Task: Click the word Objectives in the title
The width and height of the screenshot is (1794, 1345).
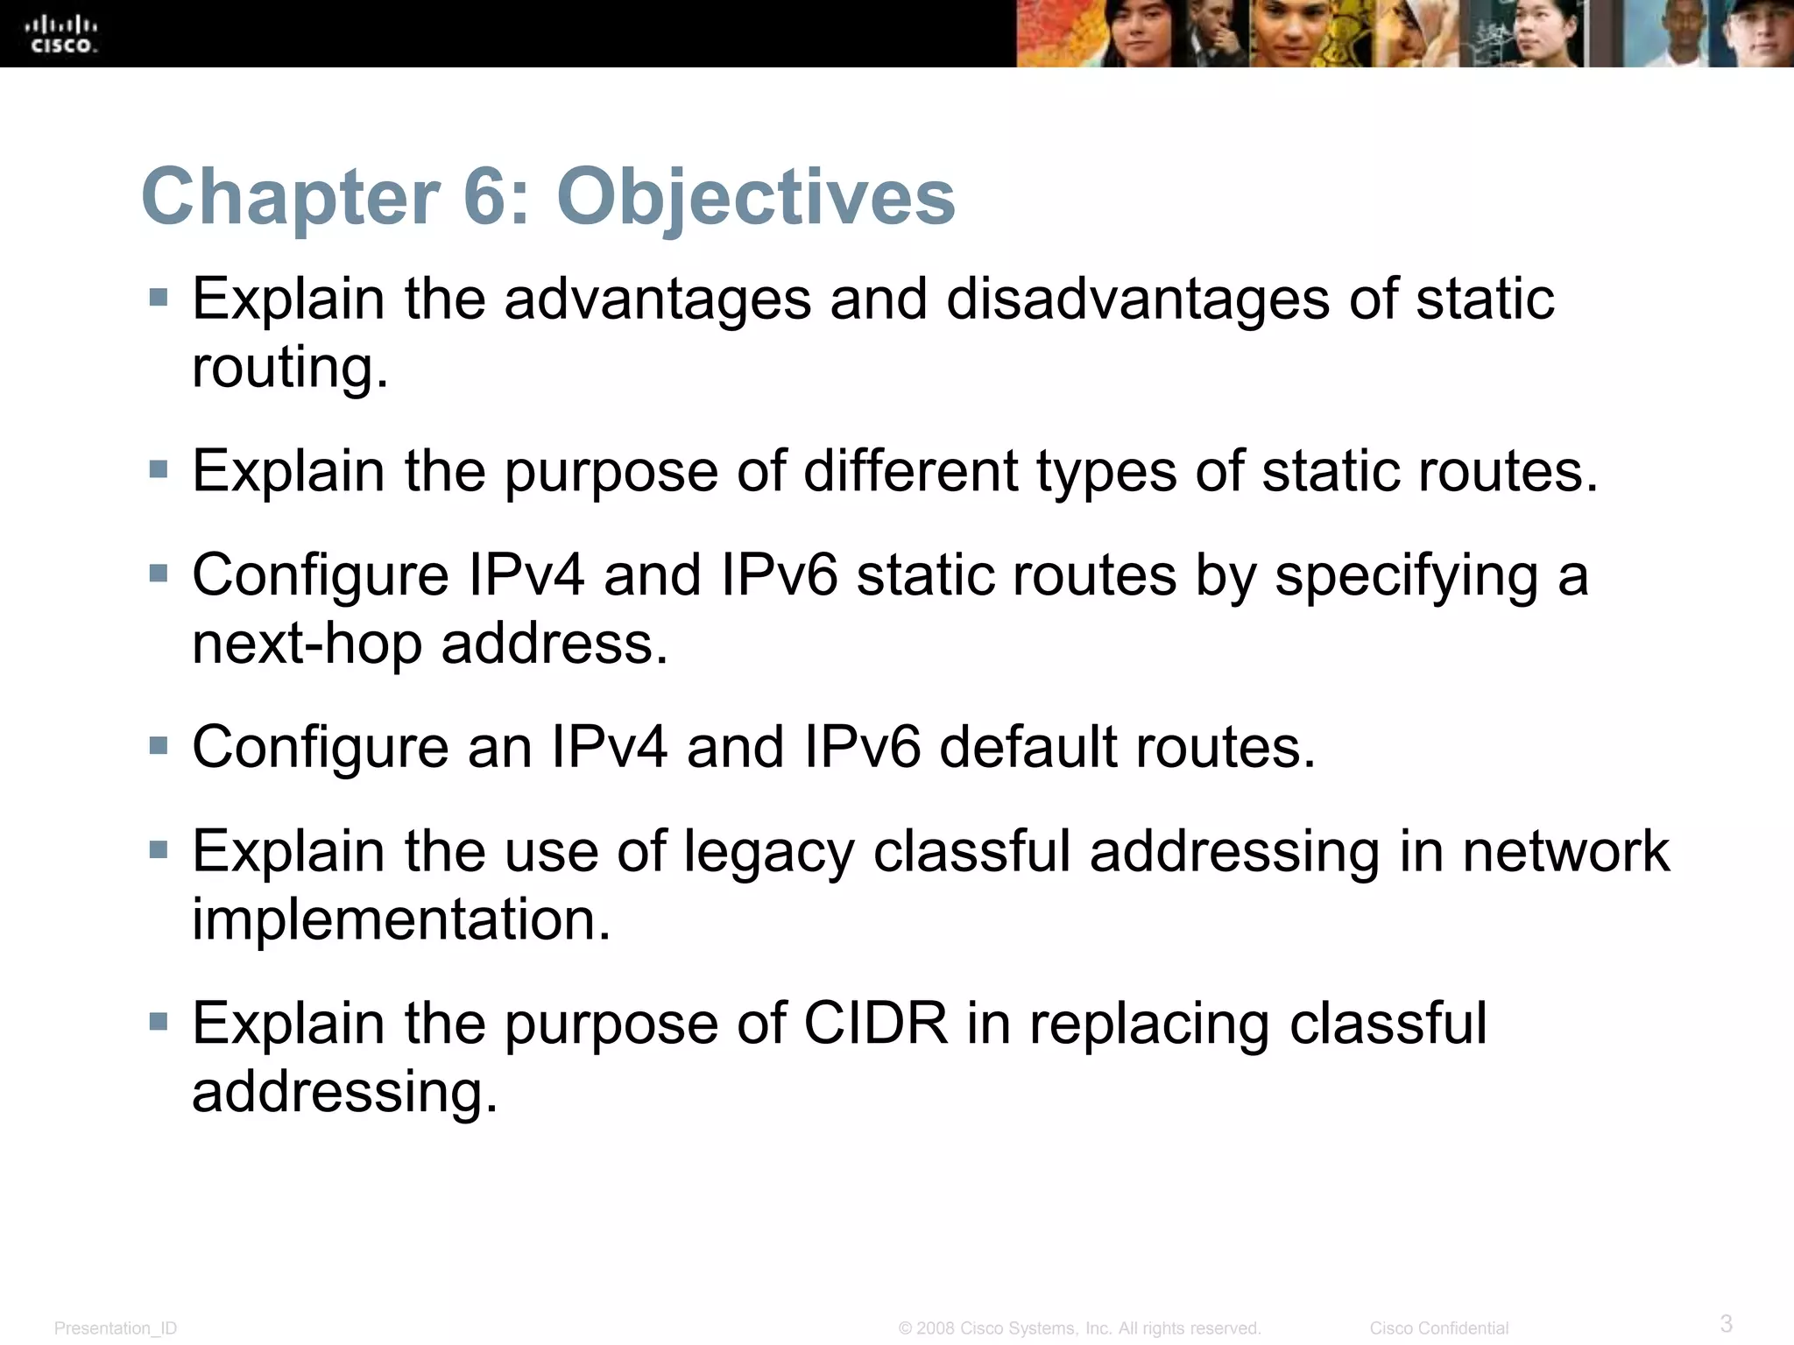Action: point(755,198)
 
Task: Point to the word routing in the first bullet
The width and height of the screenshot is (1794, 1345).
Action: point(289,368)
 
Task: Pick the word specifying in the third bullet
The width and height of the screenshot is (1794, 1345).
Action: point(1406,576)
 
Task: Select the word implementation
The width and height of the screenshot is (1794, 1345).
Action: point(401,919)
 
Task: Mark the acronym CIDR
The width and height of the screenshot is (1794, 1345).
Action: point(875,1023)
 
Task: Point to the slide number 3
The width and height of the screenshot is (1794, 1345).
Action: point(1726,1322)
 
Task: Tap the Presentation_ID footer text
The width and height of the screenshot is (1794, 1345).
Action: point(116,1328)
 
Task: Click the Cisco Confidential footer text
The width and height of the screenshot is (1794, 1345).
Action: point(1438,1328)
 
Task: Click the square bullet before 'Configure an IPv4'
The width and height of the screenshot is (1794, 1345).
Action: point(159,746)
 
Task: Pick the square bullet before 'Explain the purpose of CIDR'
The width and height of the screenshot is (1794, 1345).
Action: point(159,1022)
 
